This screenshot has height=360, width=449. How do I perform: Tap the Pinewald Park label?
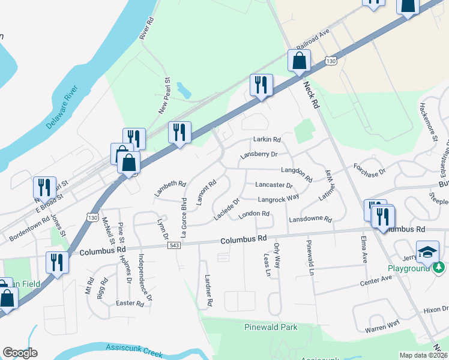[271, 328]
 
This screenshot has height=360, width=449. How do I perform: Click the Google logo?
[20, 353]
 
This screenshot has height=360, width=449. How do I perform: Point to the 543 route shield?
[173, 245]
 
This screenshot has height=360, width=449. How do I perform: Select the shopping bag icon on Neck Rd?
[299, 61]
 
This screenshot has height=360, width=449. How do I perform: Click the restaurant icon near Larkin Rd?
[261, 85]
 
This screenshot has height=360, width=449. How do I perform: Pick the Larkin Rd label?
[267, 140]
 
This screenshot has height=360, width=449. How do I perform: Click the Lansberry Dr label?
[259, 154]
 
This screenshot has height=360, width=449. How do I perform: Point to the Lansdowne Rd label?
[310, 220]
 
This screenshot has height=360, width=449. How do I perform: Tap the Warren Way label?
[382, 326]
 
